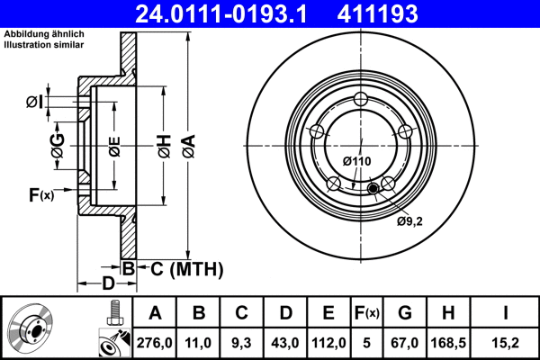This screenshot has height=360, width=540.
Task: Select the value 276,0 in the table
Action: tap(154, 342)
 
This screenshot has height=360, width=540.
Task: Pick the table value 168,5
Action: tap(448, 342)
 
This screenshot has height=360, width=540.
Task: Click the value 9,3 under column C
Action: tap(241, 342)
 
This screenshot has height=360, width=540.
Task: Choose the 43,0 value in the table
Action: tap(285, 342)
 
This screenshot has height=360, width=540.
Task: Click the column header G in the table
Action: tap(405, 313)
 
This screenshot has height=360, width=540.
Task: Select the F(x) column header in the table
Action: tap(366, 313)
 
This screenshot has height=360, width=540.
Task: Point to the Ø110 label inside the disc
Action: tap(357, 161)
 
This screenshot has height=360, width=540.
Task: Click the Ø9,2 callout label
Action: tap(409, 218)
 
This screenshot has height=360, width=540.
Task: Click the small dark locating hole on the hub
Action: tap(373, 188)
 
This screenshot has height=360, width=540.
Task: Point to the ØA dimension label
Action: tap(188, 143)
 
